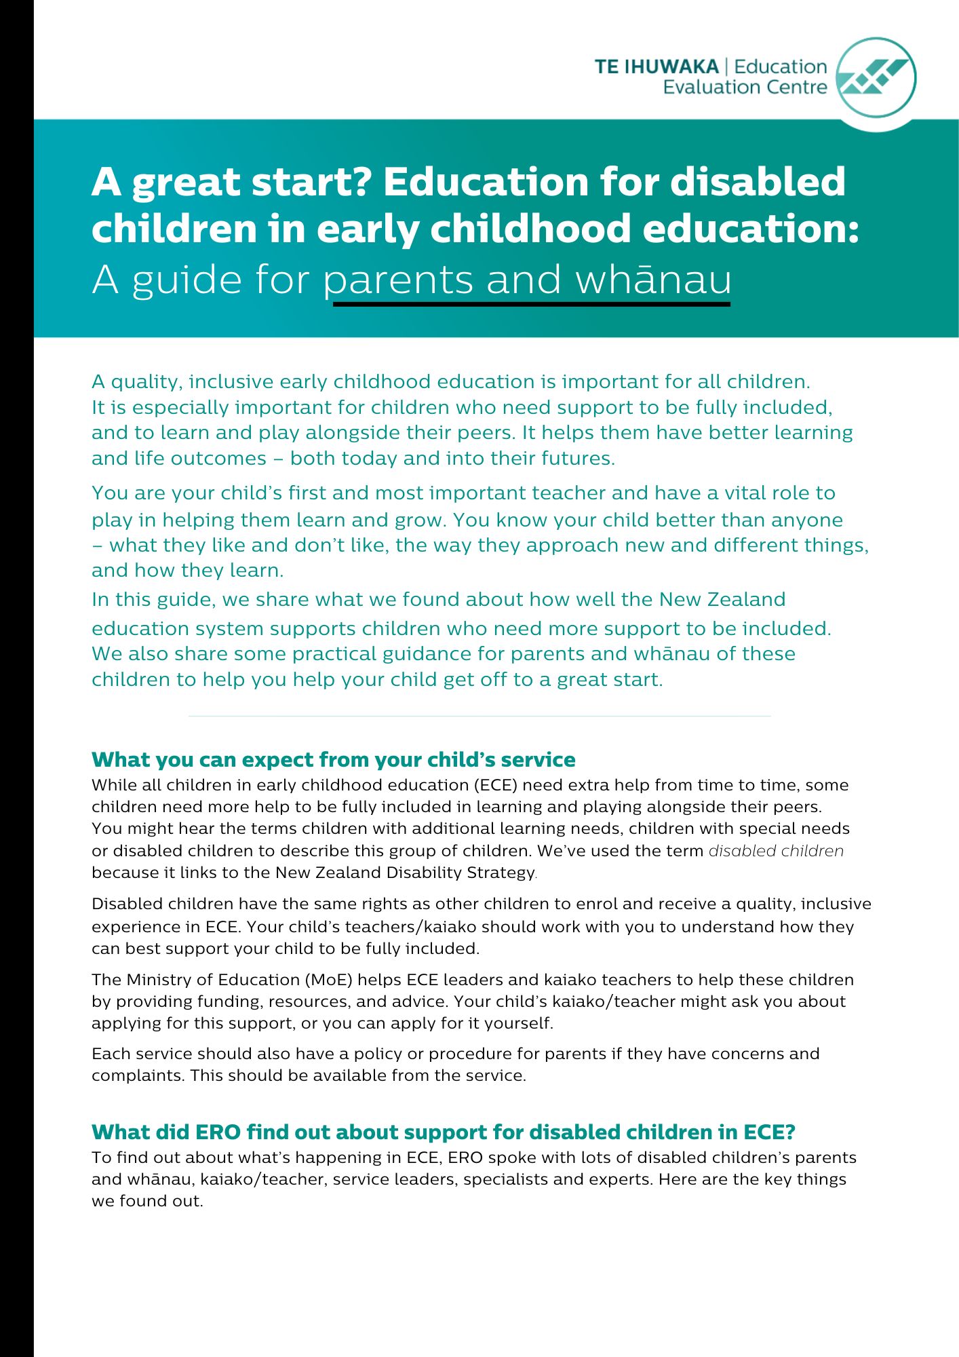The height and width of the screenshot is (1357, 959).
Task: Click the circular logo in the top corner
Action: click(x=876, y=77)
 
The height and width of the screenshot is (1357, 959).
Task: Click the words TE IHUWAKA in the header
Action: click(x=656, y=66)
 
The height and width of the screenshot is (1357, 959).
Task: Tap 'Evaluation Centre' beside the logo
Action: click(x=745, y=88)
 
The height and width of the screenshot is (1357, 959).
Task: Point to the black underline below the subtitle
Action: click(x=531, y=304)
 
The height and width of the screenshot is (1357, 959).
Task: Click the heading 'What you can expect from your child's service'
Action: click(x=333, y=759)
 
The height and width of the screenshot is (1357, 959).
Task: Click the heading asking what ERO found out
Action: click(x=443, y=1132)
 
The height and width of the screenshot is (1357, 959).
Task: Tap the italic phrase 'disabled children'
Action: click(x=776, y=851)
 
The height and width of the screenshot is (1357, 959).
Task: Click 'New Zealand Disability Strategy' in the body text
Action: click(x=405, y=873)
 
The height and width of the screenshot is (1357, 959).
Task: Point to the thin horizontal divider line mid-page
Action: click(x=480, y=716)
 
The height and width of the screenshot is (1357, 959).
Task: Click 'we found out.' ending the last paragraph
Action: click(x=147, y=1201)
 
